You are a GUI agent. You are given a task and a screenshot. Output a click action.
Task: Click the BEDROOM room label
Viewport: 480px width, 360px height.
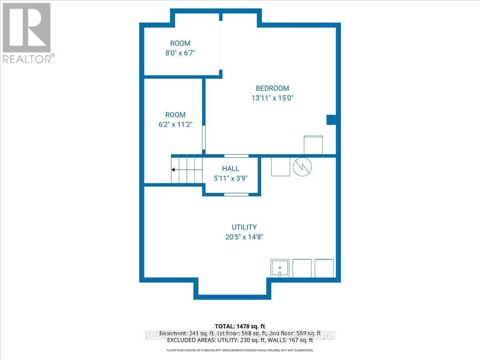click(272, 88)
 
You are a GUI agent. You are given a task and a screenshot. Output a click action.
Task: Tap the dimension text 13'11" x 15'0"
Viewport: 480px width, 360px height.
click(272, 98)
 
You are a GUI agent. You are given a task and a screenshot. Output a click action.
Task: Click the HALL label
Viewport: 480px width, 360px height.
click(231, 169)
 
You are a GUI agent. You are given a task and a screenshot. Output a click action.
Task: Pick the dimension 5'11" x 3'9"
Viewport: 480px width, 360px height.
click(231, 178)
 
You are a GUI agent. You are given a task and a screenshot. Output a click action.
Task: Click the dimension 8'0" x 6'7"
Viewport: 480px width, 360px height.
click(180, 53)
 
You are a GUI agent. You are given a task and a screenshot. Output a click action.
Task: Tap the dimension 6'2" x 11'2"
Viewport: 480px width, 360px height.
click(175, 124)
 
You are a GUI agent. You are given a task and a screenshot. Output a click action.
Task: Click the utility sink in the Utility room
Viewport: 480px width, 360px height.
click(280, 268)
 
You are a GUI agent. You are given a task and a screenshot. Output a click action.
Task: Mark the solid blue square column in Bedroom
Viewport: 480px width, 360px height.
click(331, 120)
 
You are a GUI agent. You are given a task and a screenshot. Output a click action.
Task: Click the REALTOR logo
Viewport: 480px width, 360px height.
click(27, 32)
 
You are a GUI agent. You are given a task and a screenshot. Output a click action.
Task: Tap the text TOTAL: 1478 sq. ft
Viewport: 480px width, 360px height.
click(240, 326)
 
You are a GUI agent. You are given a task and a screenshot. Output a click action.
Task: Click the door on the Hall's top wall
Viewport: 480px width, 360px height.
click(236, 156)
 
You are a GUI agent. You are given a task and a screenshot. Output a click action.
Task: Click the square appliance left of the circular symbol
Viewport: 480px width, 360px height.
click(280, 166)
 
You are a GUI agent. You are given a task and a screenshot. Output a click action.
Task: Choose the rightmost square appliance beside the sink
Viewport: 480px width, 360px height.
click(324, 268)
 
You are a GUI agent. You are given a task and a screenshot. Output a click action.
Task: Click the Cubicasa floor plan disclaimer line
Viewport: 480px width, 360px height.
click(240, 350)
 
